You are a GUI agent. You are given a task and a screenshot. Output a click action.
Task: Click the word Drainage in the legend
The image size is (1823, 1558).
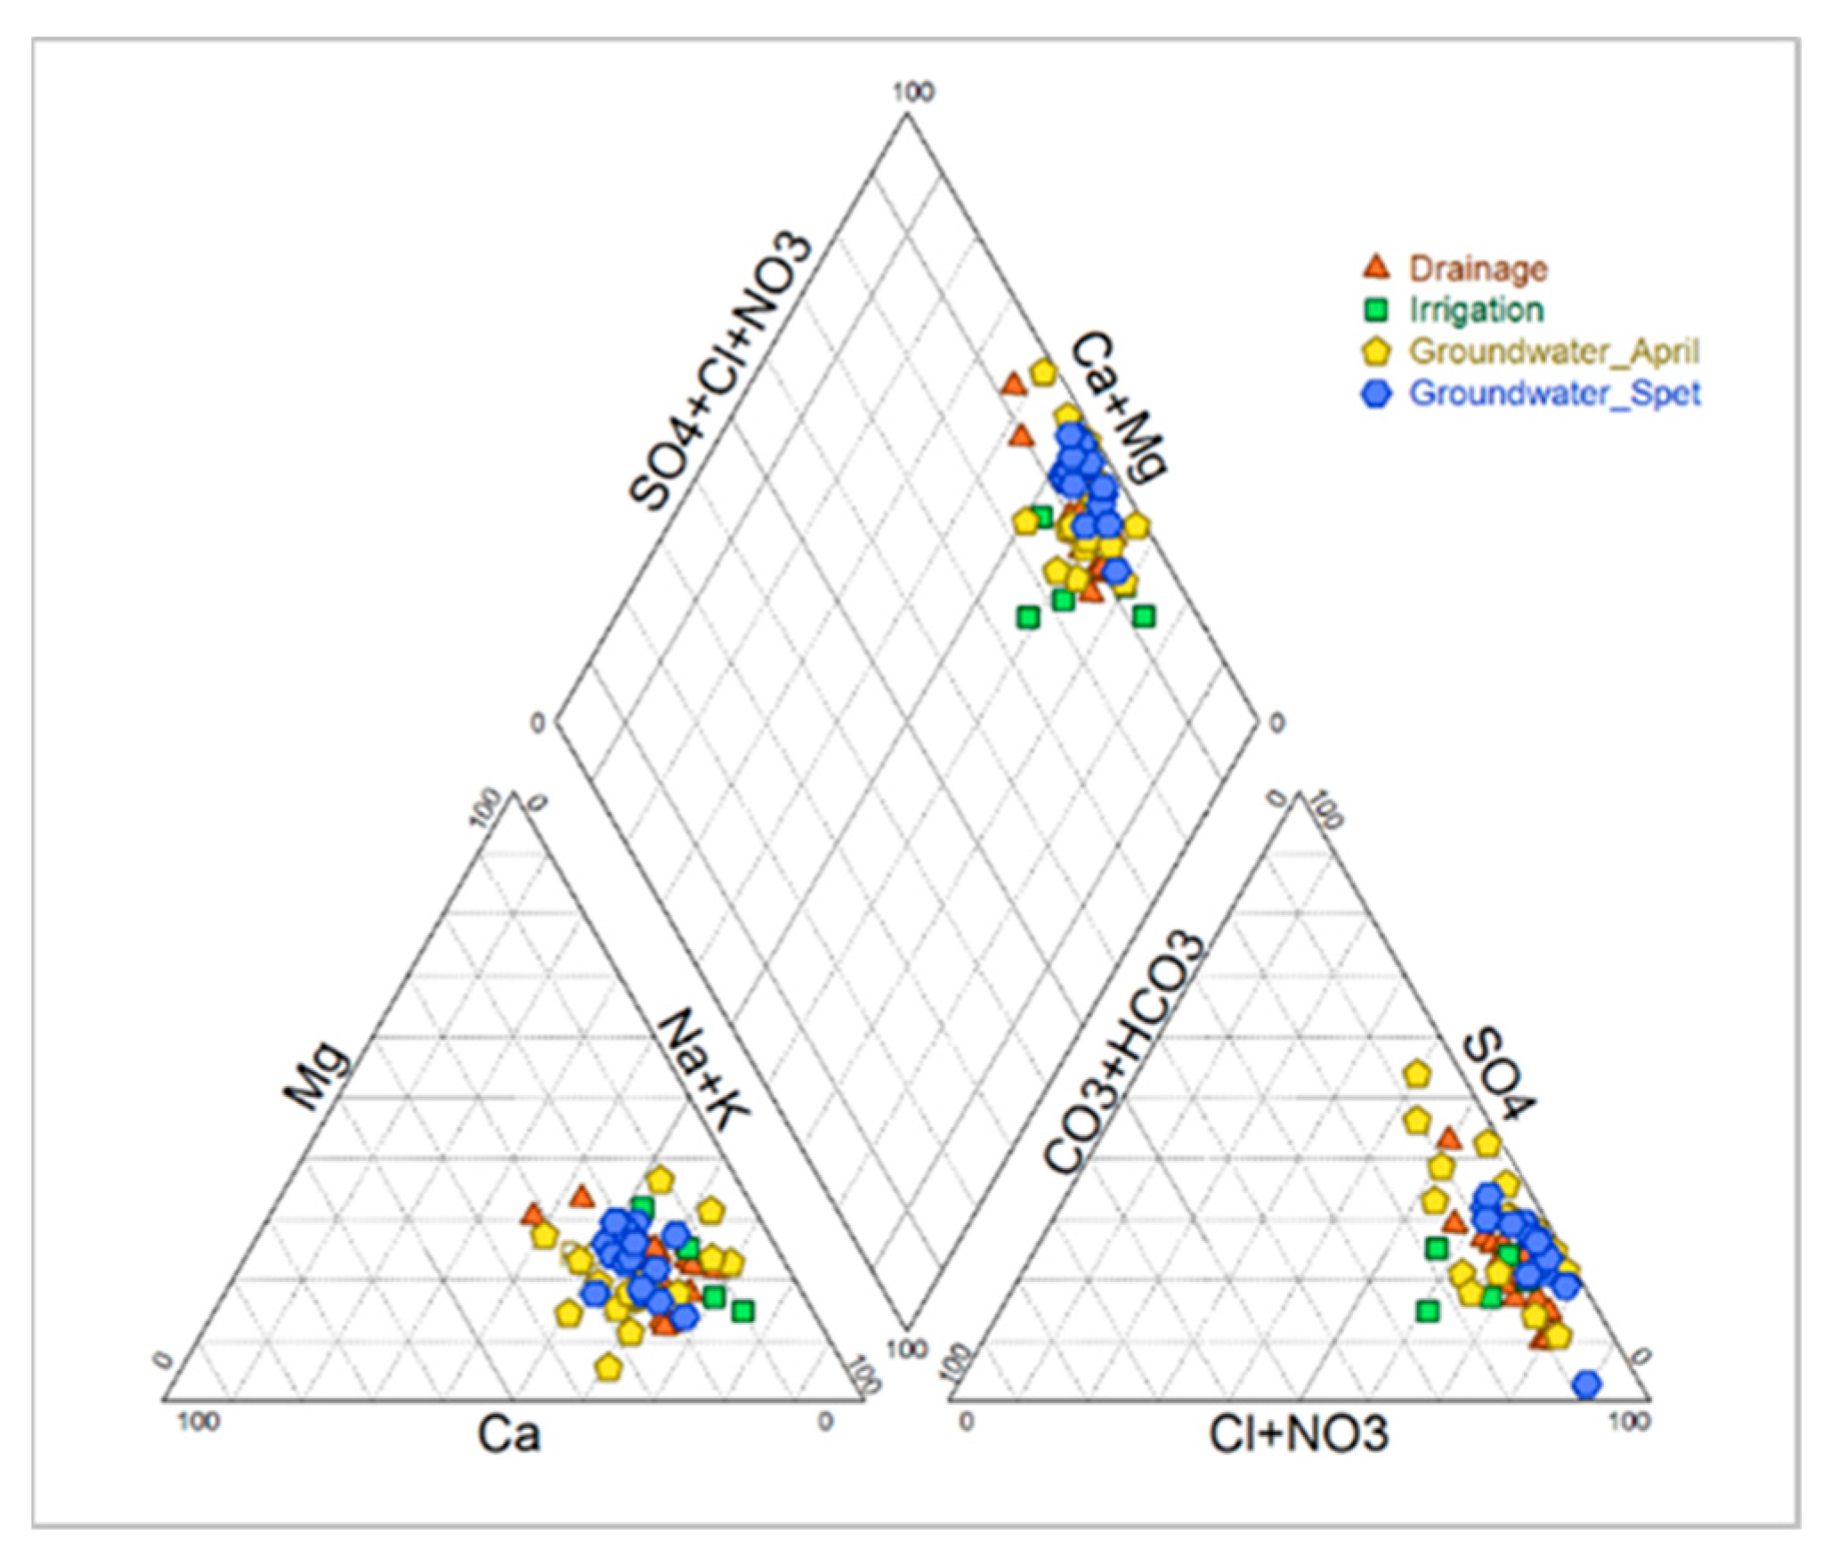pyautogui.click(x=1479, y=268)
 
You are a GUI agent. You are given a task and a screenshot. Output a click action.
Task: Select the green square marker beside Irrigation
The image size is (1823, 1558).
pyautogui.click(x=1376, y=311)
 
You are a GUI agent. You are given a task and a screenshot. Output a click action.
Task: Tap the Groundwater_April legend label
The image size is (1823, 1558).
pyautogui.click(x=1554, y=352)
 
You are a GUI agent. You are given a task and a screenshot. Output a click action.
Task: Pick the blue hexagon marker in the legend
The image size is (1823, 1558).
pyautogui.click(x=1376, y=394)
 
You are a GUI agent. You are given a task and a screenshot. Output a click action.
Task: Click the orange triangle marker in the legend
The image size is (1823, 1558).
pyautogui.click(x=1376, y=267)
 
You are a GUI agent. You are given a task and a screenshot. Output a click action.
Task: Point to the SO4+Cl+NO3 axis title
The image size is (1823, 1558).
pyautogui.click(x=721, y=372)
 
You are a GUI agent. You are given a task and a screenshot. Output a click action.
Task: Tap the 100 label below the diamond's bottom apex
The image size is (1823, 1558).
pyautogui.click(x=907, y=1349)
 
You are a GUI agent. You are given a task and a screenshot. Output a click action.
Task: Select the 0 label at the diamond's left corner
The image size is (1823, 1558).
pyautogui.click(x=537, y=724)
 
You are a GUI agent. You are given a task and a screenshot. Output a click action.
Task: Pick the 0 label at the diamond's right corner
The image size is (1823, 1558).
pyautogui.click(x=1276, y=724)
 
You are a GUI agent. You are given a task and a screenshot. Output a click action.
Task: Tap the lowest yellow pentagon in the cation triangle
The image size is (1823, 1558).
pyautogui.click(x=608, y=1366)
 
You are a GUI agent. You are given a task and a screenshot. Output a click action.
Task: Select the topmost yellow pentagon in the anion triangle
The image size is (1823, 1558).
pyautogui.click(x=1415, y=1075)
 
